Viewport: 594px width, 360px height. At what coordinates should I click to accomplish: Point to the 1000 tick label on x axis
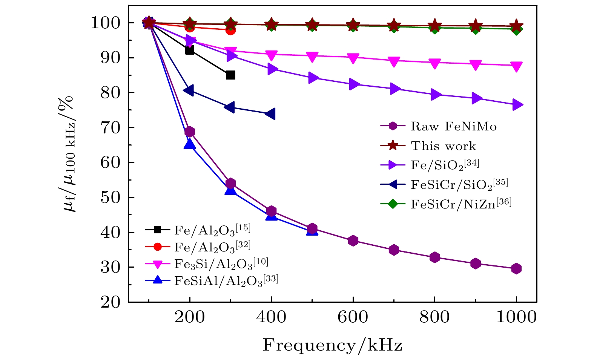(516, 317)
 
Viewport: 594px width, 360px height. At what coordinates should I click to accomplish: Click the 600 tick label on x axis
(353, 317)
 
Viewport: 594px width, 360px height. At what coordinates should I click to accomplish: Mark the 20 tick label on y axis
(111, 302)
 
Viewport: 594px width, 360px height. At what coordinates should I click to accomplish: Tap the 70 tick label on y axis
(111, 128)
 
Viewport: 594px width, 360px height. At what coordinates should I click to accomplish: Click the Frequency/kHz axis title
(332, 345)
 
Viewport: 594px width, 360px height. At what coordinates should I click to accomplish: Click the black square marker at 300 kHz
(230, 75)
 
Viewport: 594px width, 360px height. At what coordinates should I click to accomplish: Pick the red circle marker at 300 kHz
(230, 30)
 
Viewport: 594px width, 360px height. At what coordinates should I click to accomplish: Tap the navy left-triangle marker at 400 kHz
(270, 114)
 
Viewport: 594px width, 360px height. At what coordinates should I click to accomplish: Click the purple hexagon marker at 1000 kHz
(516, 269)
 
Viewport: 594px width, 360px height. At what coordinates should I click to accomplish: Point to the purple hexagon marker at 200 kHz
(190, 132)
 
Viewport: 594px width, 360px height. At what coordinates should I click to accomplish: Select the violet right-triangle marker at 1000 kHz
(517, 105)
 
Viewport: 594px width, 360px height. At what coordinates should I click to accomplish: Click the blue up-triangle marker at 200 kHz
(189, 144)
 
